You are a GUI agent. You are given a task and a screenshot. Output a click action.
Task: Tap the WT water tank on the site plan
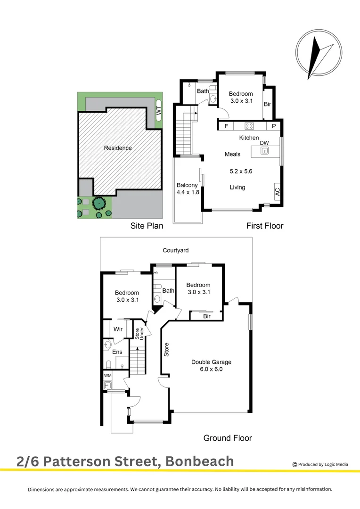coord(158,110)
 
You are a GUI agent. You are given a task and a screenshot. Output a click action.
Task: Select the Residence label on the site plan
coord(118,148)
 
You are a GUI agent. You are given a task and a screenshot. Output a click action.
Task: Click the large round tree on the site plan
coord(99,204)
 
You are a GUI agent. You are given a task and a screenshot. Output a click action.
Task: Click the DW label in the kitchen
coord(264,143)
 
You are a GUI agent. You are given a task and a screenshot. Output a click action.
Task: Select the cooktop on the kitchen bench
coord(249,126)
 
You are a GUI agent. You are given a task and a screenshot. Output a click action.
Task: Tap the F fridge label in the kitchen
coord(227,126)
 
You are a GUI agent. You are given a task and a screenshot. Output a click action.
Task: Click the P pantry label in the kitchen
coord(273,126)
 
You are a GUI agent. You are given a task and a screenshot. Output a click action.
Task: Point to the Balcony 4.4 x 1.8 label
coord(188,189)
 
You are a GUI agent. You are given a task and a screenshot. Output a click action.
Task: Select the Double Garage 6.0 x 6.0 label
coord(211,366)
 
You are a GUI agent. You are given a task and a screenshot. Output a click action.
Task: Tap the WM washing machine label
coord(107,376)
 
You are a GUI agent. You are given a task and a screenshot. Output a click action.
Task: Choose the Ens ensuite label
coord(117,352)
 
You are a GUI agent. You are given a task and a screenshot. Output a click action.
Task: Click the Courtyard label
coord(176,251)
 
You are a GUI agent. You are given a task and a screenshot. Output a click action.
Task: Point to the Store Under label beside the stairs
coord(138,333)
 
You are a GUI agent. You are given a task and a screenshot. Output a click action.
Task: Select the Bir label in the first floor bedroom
coord(267,104)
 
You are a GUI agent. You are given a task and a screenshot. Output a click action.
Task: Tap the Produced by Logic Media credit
coord(320,464)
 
